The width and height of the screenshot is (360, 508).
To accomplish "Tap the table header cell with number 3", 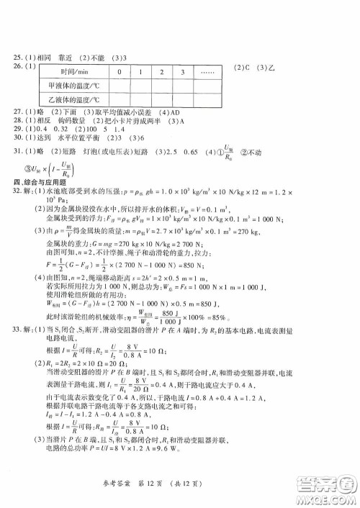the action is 184,73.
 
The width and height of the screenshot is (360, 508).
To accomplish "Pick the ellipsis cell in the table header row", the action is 209,73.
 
